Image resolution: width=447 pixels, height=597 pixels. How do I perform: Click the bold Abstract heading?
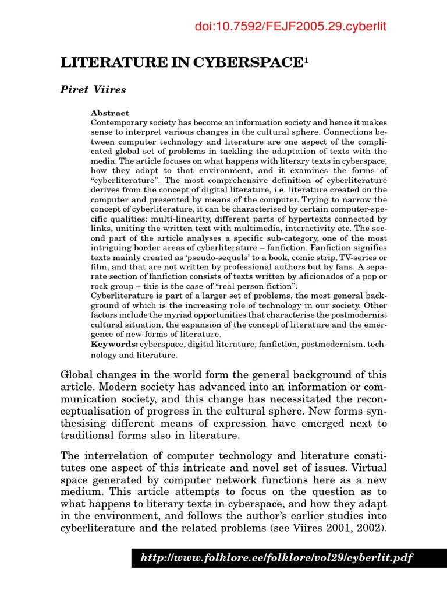click(110, 113)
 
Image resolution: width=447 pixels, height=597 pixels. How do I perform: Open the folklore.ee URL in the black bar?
click(276, 557)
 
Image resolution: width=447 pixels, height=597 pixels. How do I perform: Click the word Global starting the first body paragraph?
click(79, 374)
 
